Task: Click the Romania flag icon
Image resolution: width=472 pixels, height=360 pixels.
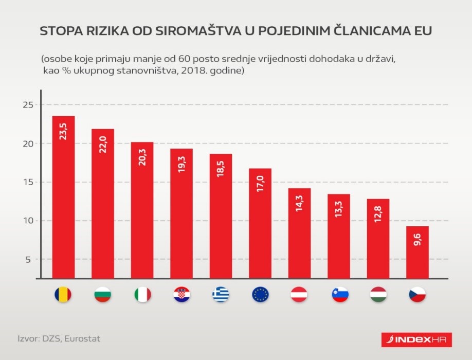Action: coord(63,295)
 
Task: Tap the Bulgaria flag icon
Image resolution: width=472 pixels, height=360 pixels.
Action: coord(103,295)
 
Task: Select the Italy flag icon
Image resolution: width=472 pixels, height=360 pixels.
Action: coord(142,295)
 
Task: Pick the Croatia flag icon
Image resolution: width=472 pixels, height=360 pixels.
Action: coord(181,295)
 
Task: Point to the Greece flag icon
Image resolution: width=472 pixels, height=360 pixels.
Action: coord(221,295)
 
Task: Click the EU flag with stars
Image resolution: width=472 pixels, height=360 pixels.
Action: coord(260,295)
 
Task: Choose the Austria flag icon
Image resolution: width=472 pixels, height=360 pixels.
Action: coord(299,295)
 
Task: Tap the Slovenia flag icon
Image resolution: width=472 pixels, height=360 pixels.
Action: coord(339,295)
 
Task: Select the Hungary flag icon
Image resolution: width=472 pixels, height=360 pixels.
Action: coord(378,295)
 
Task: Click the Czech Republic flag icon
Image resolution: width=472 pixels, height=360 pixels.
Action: coord(417,295)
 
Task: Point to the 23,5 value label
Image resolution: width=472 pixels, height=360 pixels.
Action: coord(64,131)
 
